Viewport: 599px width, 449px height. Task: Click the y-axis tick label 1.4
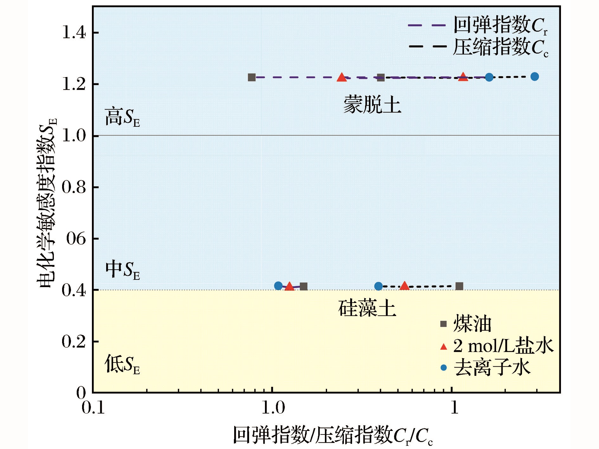tap(74, 33)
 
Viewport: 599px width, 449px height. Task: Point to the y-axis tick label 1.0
tap(74, 136)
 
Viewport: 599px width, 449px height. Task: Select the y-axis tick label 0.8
tap(74, 187)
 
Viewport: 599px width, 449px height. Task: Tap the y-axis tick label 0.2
tap(74, 342)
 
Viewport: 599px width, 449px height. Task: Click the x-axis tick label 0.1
tap(93, 408)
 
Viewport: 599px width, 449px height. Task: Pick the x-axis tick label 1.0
tap(273, 408)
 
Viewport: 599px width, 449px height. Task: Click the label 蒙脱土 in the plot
tap(372, 105)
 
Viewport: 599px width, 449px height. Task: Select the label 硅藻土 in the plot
tap(367, 308)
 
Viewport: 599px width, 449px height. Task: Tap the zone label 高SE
tap(122, 117)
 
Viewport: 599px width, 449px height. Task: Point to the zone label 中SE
tap(122, 270)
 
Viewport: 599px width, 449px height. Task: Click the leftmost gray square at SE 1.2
tap(252, 77)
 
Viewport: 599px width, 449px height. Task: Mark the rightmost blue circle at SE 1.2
tap(534, 77)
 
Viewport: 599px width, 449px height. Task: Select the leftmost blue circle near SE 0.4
tap(278, 286)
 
